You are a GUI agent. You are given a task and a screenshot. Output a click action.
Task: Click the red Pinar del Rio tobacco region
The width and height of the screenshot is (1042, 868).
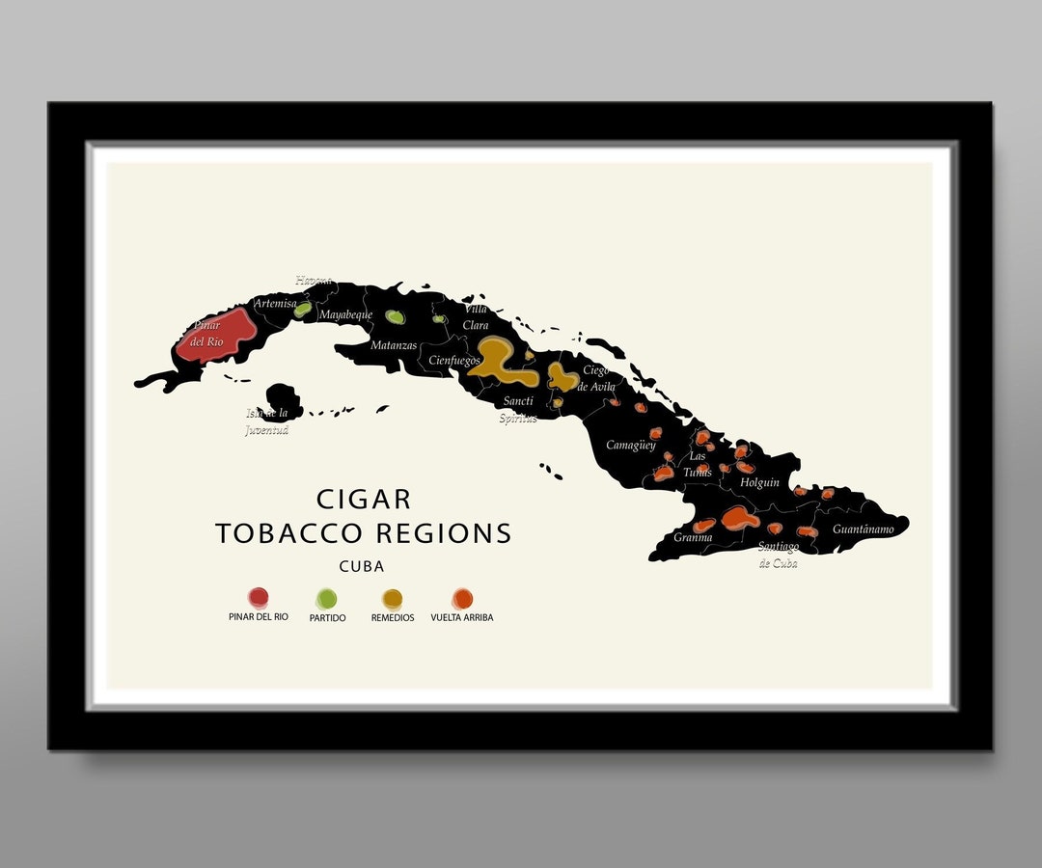(x=217, y=334)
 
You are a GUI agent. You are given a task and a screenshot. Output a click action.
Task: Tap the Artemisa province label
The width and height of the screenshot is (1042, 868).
(x=274, y=304)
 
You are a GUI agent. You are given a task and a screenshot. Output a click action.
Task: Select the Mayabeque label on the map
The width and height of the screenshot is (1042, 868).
(x=345, y=314)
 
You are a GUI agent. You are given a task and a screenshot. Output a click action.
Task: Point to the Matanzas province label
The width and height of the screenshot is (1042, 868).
(x=395, y=345)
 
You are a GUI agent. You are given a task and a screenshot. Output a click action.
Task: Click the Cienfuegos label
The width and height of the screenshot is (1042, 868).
(x=454, y=361)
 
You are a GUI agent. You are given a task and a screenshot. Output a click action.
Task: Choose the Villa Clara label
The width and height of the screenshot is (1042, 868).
(x=477, y=317)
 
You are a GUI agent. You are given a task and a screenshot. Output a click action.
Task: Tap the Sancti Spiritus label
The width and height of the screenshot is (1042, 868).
(x=518, y=410)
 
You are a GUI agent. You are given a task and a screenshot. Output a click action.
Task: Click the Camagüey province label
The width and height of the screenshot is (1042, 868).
(x=631, y=446)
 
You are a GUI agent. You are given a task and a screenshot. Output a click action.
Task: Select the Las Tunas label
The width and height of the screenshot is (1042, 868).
(x=698, y=464)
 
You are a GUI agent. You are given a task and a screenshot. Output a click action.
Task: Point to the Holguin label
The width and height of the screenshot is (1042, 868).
(x=760, y=482)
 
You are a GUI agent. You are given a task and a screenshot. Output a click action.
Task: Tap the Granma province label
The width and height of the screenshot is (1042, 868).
(x=693, y=537)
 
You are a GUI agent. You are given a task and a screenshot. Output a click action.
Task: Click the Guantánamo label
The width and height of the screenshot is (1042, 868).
(x=864, y=529)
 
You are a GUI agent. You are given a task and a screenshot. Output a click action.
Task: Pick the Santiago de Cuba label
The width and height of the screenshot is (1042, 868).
(x=779, y=555)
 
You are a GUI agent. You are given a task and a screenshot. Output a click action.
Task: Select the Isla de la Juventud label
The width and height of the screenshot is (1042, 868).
(x=267, y=421)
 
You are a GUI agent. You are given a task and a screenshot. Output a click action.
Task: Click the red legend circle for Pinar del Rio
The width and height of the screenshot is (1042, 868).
(x=258, y=598)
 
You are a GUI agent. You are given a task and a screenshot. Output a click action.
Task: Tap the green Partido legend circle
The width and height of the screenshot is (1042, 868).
(x=327, y=599)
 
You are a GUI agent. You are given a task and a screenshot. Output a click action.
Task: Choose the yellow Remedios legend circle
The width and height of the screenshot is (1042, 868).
(x=392, y=599)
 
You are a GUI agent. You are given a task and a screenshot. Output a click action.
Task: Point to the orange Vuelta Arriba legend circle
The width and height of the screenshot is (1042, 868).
(x=463, y=599)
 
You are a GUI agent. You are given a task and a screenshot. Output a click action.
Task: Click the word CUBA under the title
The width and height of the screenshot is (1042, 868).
(x=362, y=567)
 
